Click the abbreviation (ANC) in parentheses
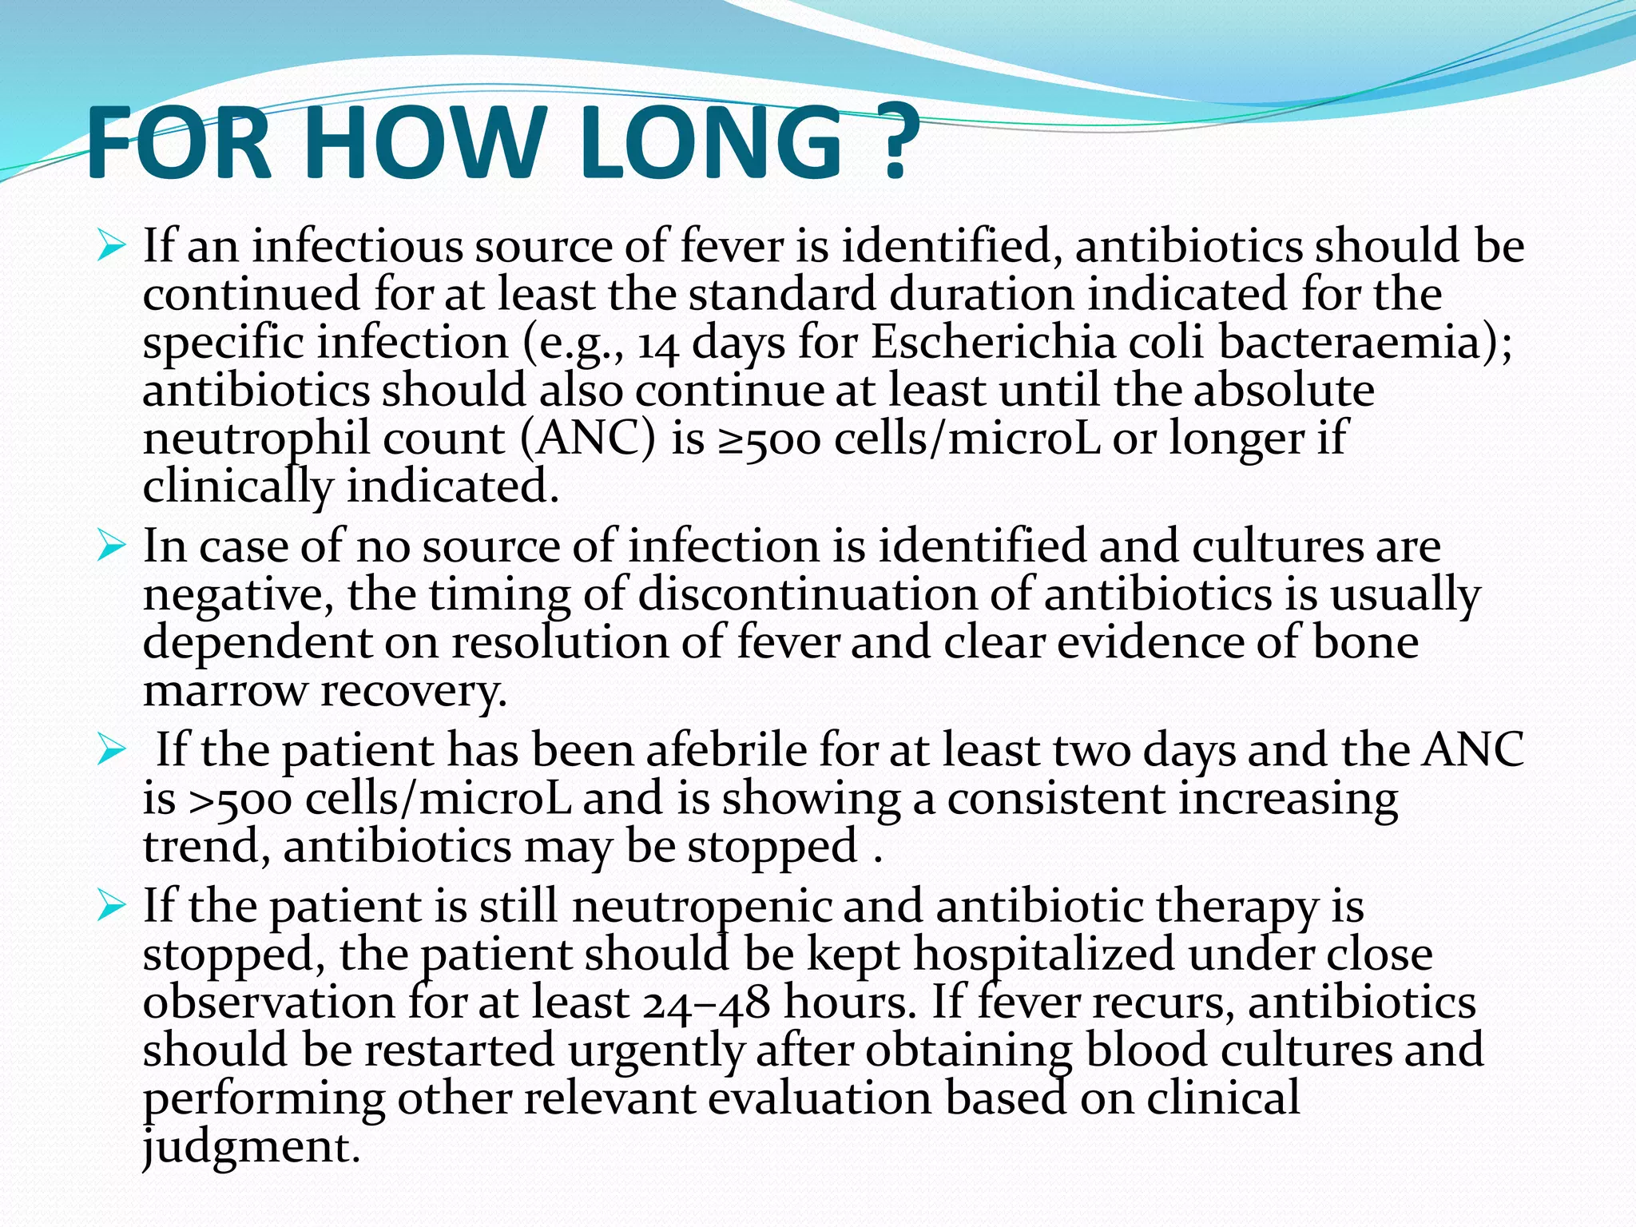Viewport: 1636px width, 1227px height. [588, 439]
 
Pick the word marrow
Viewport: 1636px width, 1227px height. [224, 692]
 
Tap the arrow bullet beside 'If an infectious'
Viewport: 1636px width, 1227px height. [111, 247]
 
